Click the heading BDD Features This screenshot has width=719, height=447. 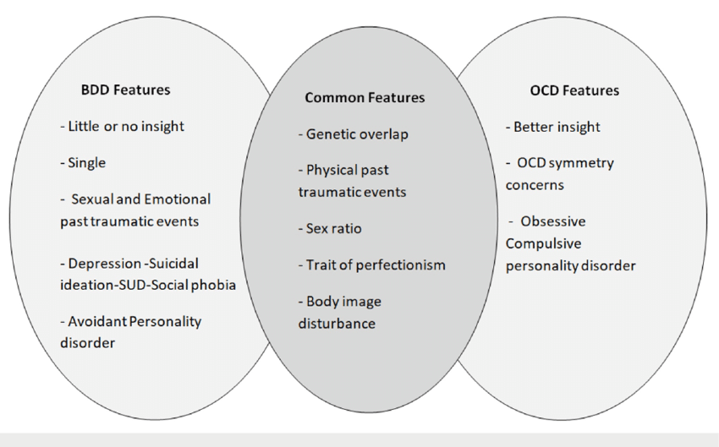[125, 90]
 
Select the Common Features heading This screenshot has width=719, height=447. [365, 97]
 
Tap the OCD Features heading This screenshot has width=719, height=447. [574, 90]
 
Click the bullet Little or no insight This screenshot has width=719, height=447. [122, 127]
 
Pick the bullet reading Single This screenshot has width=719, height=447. [83, 163]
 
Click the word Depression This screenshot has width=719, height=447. [105, 264]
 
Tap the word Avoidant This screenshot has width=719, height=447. [97, 321]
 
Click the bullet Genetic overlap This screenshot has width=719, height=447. [353, 134]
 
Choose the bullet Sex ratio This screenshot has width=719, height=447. [330, 228]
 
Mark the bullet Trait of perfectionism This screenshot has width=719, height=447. [372, 265]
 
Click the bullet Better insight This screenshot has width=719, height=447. [553, 127]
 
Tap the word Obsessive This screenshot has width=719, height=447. [553, 221]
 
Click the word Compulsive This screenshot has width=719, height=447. [543, 243]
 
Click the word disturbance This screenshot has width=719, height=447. [337, 324]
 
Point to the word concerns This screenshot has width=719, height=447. [535, 186]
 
